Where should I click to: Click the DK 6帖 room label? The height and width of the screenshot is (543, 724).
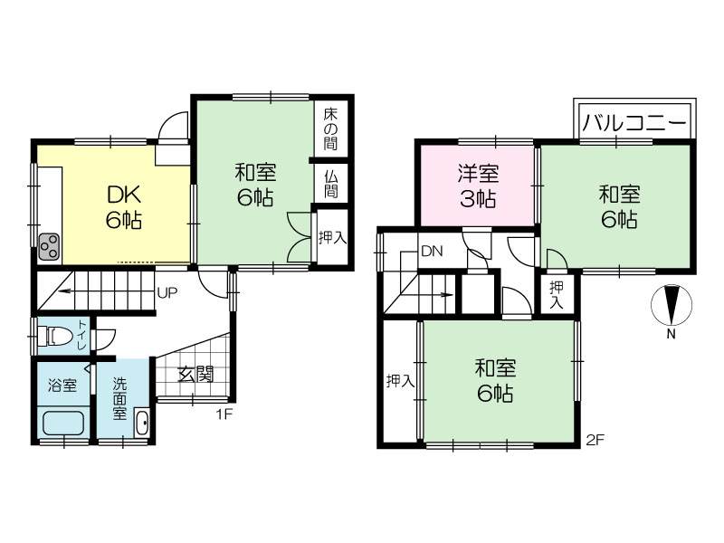[124, 207]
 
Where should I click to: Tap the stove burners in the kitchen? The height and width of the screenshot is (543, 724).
[49, 247]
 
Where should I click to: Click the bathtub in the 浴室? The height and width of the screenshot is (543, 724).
[63, 424]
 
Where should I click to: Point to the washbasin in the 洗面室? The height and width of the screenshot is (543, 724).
[142, 423]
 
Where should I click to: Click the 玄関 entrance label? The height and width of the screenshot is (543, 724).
[195, 375]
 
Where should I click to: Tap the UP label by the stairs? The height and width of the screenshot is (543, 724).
[167, 292]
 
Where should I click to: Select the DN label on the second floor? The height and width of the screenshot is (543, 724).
[432, 252]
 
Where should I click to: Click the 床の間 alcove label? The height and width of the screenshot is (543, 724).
[330, 129]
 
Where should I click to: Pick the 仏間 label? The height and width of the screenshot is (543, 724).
[330, 184]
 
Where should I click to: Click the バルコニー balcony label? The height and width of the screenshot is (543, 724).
[634, 123]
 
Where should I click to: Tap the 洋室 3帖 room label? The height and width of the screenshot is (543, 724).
[478, 186]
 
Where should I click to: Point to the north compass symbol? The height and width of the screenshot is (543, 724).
[672, 305]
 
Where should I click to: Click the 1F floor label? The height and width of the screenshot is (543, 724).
[224, 414]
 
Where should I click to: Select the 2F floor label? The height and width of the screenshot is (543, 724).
[595, 440]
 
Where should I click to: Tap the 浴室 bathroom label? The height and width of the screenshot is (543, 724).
[62, 386]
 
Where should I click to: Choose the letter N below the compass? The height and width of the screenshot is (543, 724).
[672, 334]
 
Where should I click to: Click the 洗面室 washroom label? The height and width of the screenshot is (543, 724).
[119, 398]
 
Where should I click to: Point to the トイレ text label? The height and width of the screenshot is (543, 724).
[82, 334]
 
